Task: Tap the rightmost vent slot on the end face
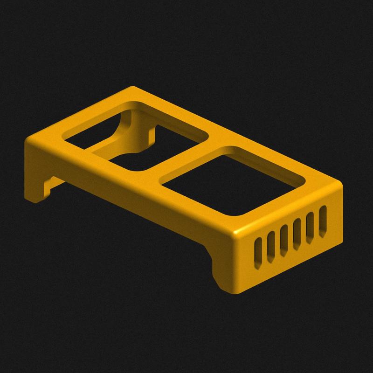(323, 221)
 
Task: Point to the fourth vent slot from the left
(296, 234)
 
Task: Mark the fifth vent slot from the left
(309, 228)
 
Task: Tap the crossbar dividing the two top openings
(186, 157)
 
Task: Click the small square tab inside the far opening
(152, 135)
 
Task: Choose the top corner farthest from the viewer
(133, 89)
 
